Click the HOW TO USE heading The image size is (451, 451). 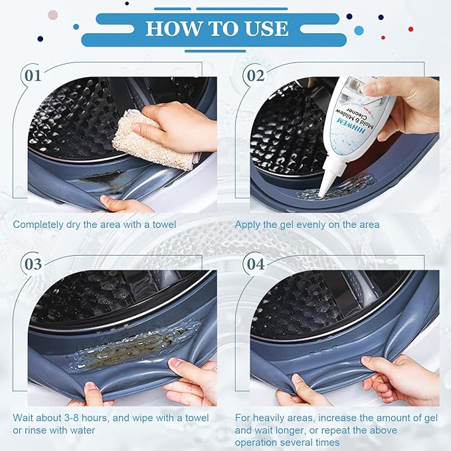[217, 28]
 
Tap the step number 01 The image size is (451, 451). [33, 75]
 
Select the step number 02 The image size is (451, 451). [255, 75]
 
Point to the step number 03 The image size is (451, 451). [33, 264]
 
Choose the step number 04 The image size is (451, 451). [255, 264]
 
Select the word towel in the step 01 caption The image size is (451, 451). [163, 225]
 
